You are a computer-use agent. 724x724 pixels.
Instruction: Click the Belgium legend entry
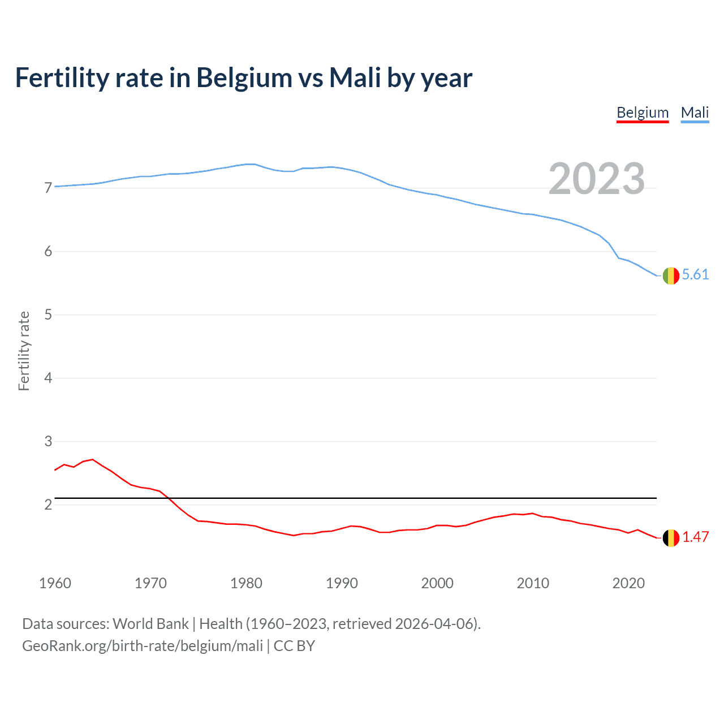coord(643,113)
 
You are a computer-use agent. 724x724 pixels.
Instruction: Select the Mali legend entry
coord(695,113)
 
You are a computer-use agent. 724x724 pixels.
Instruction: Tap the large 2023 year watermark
coord(596,179)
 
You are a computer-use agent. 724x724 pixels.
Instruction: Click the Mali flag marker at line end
coord(671,275)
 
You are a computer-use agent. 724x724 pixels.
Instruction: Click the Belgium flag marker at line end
coord(671,538)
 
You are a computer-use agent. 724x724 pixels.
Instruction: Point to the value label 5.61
coord(695,275)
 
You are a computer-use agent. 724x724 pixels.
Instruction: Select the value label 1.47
coord(695,537)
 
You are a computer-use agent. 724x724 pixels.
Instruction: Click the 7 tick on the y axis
coord(48,188)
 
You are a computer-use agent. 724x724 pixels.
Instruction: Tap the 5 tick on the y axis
coord(48,314)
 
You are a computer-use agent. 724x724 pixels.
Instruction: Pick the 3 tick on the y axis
coord(48,441)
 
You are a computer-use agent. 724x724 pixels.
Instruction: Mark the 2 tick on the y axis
coord(48,505)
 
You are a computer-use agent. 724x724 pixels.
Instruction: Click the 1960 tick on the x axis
coord(55,583)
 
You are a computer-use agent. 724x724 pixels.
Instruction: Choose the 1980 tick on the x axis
coord(246,583)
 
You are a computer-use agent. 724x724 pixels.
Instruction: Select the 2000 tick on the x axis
coord(437,583)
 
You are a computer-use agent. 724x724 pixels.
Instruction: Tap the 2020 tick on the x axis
coord(628,583)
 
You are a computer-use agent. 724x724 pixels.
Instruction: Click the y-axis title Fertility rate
coord(24,351)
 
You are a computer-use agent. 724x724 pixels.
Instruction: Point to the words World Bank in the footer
coord(150,624)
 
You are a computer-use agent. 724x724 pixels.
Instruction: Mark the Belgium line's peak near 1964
coord(93,459)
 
